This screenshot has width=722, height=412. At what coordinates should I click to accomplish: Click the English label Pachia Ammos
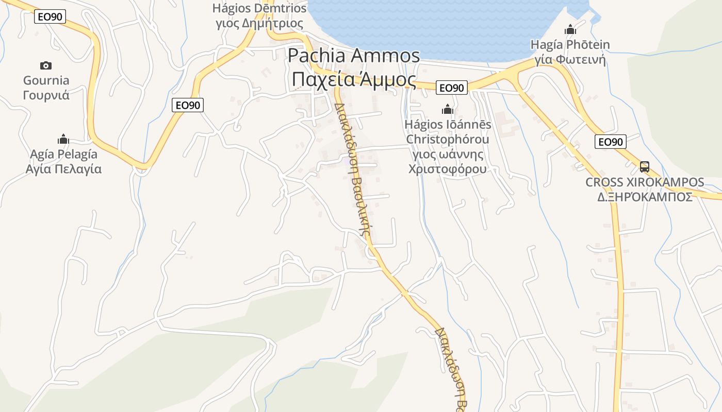tap(354, 56)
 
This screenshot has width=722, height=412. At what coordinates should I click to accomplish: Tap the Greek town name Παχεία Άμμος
tap(354, 80)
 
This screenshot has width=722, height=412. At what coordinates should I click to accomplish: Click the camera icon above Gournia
tap(46, 65)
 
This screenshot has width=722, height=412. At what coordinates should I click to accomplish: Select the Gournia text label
tap(46, 80)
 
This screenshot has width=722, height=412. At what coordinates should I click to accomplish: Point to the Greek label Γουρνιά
tap(46, 95)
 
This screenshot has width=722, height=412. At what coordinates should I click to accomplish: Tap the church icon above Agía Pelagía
tap(63, 139)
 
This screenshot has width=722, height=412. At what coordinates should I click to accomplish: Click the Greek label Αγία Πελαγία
tap(63, 169)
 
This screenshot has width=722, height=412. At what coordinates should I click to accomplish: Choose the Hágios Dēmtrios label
tap(259, 8)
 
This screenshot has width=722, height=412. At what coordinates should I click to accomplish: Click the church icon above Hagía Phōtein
tap(570, 29)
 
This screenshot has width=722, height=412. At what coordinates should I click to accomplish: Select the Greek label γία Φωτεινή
tap(570, 60)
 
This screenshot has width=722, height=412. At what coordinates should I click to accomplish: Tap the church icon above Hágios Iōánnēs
tap(447, 109)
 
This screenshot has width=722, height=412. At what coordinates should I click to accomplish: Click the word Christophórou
tap(447, 139)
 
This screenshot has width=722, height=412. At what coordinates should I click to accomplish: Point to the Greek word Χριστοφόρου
tap(447, 169)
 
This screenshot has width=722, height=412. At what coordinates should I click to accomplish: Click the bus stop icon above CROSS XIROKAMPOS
tap(644, 166)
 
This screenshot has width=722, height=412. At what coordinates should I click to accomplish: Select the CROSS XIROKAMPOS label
tap(644, 182)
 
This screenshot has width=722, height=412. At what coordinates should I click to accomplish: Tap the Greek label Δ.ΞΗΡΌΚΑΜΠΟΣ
tap(644, 197)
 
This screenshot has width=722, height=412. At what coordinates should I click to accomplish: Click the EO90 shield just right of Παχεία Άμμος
tap(451, 88)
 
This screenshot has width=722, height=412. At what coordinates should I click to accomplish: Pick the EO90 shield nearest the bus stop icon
tap(610, 142)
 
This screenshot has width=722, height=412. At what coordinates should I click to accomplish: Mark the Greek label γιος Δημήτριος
tap(259, 23)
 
